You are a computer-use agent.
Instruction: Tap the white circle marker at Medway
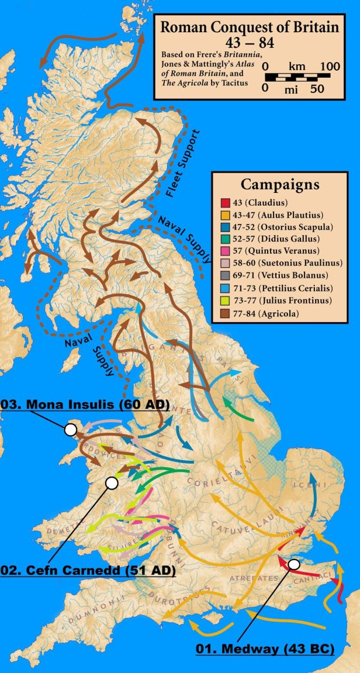point(294,564)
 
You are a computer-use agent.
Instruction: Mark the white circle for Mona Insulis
point(71,430)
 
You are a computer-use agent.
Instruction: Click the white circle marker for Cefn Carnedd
point(111,483)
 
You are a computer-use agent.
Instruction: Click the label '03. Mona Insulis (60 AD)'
point(85,404)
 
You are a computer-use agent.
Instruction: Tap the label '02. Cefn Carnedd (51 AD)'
point(88,569)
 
